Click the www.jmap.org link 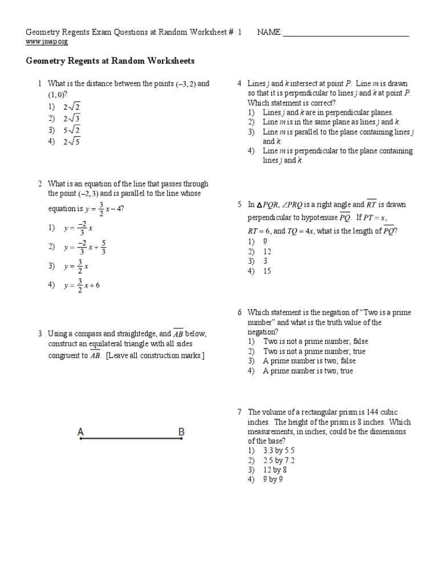click(x=47, y=42)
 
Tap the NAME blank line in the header click(x=346, y=33)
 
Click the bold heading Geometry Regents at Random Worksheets click(x=111, y=60)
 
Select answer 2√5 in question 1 click(x=72, y=142)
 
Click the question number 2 click(x=40, y=184)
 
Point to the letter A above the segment click(x=81, y=432)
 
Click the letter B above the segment click(x=181, y=432)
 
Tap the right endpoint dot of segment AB click(x=181, y=439)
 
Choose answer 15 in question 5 click(x=267, y=271)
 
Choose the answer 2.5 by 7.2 click(x=279, y=460)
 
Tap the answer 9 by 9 click(x=273, y=480)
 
